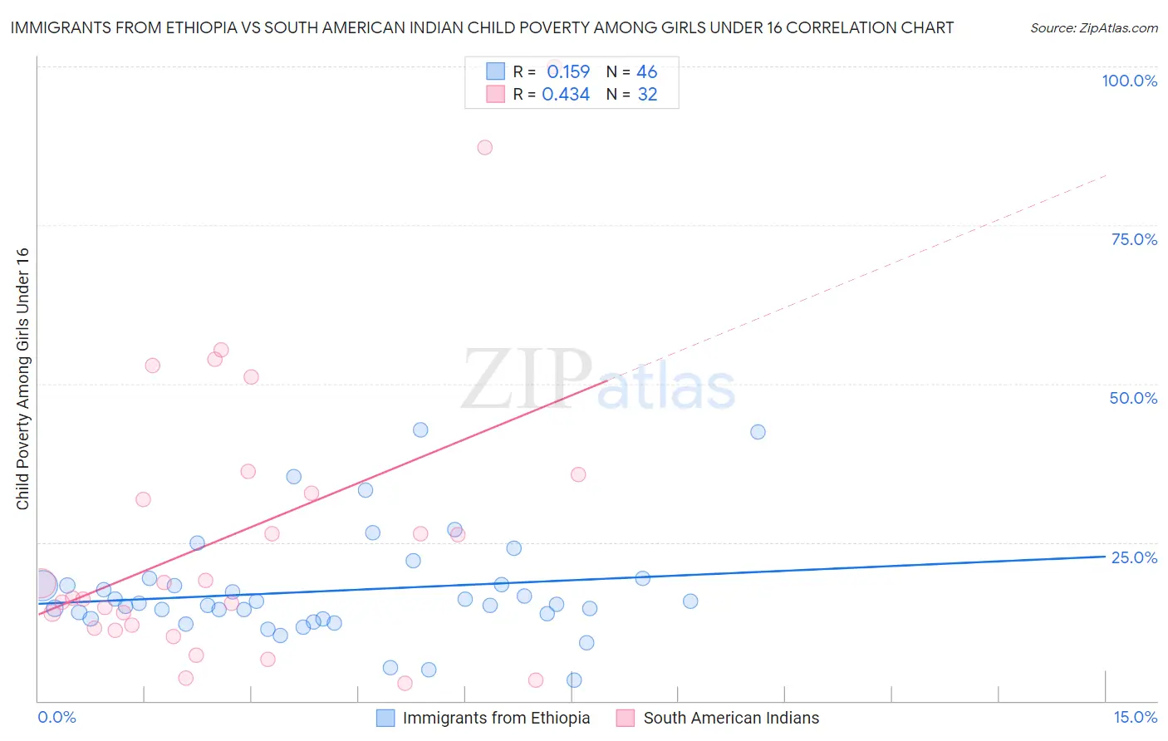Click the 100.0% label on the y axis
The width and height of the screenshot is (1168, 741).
1129,81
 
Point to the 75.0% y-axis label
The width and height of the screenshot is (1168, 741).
1134,239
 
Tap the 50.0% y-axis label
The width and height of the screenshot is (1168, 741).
1133,398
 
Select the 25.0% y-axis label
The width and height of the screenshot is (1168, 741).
1134,557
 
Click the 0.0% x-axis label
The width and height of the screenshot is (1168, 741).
56,717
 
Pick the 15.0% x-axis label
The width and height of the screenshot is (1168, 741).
1135,717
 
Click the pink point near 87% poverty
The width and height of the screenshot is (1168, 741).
485,147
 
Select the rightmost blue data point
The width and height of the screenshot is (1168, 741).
758,432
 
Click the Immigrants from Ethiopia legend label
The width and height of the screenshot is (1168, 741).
496,718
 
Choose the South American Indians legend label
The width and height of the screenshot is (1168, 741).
731,718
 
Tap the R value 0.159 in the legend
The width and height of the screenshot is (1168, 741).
568,71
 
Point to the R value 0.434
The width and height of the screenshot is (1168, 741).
566,94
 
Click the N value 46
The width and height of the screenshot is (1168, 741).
646,71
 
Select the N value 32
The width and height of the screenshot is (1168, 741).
647,94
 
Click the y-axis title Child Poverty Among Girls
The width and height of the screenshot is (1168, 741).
22,379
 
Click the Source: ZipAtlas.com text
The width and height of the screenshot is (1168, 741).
1093,27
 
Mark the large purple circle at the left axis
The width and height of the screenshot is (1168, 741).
42,585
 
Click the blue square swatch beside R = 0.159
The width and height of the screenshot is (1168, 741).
495,71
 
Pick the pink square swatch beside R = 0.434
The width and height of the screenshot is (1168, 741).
495,94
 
